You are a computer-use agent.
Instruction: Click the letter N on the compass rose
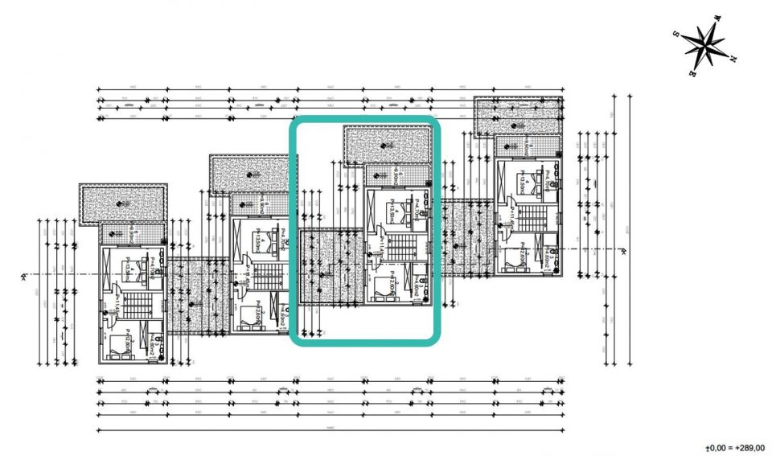[734, 59]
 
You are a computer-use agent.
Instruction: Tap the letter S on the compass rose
[677, 33]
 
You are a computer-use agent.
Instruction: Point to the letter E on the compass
[692, 73]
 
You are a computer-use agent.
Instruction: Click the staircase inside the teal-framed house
[400, 244]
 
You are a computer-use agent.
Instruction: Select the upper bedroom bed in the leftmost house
[132, 268]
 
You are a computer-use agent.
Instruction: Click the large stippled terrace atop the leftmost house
[122, 204]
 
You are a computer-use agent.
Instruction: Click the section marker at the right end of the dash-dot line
[623, 250]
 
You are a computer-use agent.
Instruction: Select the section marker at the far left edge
[27, 276]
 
